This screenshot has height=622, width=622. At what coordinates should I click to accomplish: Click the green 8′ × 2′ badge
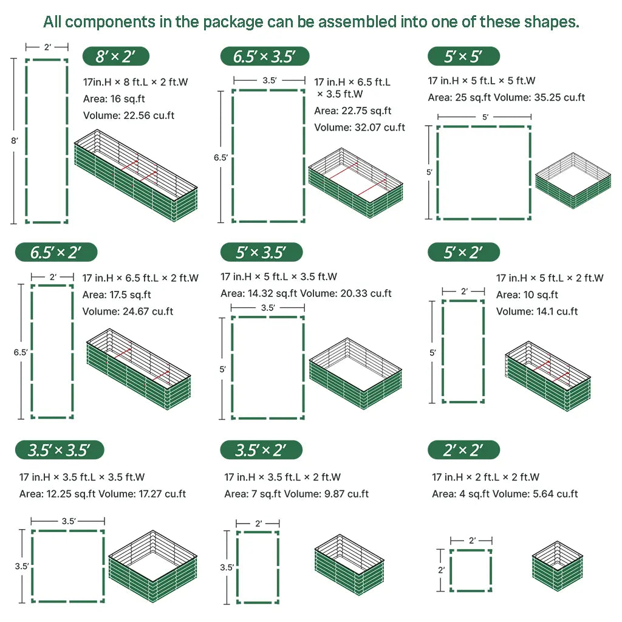[115, 57]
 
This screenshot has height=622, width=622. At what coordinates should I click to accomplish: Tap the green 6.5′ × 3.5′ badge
[264, 57]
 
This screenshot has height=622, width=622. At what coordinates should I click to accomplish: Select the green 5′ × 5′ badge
[463, 57]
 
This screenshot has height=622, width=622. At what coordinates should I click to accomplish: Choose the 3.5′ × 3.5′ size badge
[60, 450]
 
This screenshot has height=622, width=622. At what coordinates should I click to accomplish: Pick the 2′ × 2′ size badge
[463, 450]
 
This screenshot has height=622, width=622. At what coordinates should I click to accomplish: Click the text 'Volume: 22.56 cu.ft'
[129, 115]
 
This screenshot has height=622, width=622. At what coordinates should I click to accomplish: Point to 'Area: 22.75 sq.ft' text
[353, 111]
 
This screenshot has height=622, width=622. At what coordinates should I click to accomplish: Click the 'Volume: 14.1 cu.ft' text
[537, 312]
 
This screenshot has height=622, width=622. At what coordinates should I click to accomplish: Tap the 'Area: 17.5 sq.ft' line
[117, 295]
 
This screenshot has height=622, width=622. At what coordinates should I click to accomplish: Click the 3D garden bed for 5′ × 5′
[573, 181]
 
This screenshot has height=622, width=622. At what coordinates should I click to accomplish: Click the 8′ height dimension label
[14, 140]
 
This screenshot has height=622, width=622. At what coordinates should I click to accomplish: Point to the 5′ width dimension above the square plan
[484, 117]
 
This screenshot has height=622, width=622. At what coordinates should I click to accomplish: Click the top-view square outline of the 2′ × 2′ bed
[471, 570]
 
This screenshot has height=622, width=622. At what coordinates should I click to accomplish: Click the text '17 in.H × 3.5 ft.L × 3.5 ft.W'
[82, 477]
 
